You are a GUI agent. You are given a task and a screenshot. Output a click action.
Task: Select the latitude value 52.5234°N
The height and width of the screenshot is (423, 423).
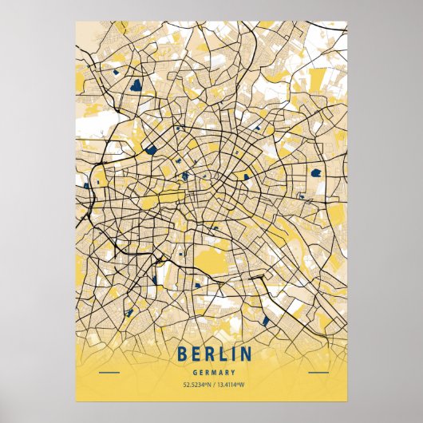pos(188,386)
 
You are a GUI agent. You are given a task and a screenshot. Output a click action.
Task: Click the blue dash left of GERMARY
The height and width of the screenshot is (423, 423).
pos(109,373)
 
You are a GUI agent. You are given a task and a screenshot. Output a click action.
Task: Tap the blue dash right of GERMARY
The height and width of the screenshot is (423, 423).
pos(318,373)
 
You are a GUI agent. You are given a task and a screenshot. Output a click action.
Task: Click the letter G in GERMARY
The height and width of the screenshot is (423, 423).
pos(195,373)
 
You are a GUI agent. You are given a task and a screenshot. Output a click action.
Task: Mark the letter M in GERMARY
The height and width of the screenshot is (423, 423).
pos(211,373)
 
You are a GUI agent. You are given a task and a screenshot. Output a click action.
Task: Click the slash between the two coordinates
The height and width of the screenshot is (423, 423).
pos(211,386)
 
